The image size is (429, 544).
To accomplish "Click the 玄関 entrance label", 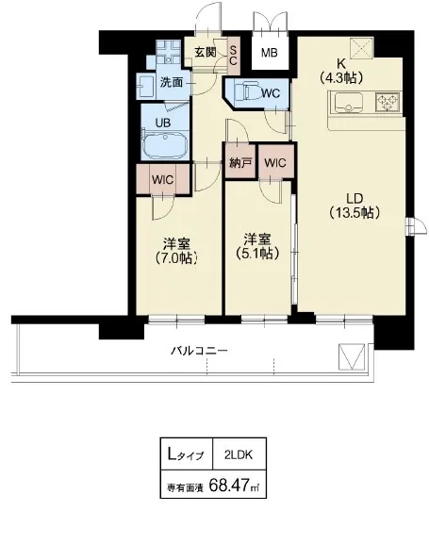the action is click(206, 53).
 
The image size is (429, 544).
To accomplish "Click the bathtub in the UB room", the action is click(165, 146).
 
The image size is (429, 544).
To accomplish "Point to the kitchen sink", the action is click(349, 103).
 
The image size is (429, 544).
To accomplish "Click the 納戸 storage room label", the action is click(240, 162).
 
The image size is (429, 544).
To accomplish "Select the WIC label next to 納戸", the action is click(275, 162).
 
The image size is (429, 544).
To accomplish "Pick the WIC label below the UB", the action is click(162, 180).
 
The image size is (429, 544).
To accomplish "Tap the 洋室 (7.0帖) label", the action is click(176, 251).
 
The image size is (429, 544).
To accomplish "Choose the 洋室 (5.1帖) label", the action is click(257, 247).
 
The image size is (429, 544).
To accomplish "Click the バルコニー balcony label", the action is click(200, 351).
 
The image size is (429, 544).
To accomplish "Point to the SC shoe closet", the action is click(233, 57).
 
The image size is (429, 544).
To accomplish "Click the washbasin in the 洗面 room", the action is click(146, 86).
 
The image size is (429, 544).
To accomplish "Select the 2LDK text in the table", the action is click(239, 454).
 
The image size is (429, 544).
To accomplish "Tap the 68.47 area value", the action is click(230, 484).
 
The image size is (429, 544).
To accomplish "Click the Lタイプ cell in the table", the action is click(186, 454).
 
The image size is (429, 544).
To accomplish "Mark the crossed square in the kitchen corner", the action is click(362, 47).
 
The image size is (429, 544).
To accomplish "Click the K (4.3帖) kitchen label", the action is click(341, 71).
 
